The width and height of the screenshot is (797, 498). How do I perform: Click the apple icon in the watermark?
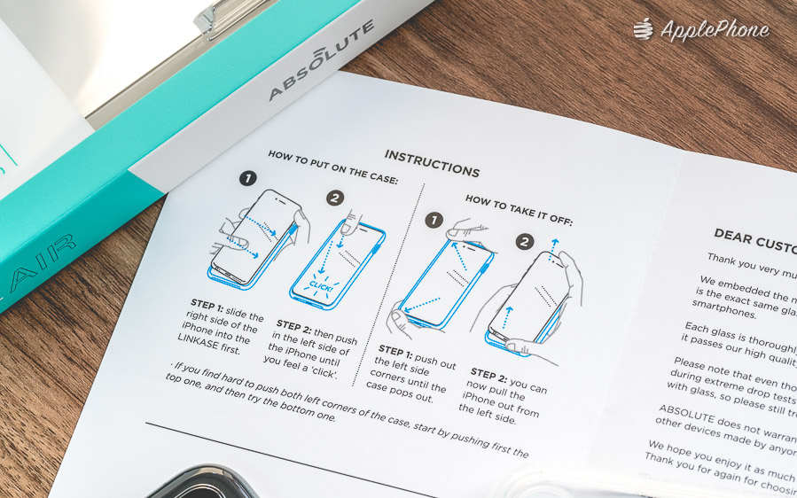coord(644,29)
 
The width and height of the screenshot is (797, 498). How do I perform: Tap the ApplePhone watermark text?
coord(715,30)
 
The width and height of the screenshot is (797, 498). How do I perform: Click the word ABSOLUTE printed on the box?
coord(321,60)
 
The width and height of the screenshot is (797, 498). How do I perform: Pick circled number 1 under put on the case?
coord(250,178)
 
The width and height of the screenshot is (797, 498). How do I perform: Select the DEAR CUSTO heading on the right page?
coord(754,237)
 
